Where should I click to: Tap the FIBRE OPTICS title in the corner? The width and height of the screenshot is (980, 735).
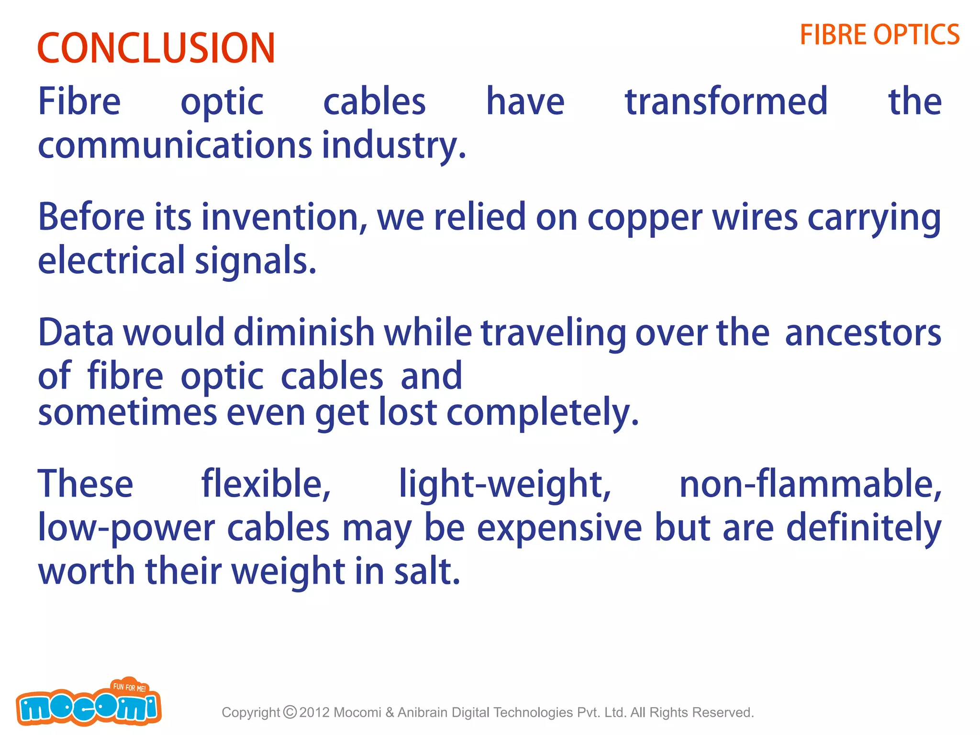880,35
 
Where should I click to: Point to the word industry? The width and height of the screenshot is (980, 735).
393,146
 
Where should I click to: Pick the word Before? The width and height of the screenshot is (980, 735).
91,217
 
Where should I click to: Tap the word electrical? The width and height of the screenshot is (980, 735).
111,261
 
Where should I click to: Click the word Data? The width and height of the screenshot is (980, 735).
76,333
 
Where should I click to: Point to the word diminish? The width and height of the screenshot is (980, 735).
304,333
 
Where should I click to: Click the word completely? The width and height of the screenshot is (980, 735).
543,413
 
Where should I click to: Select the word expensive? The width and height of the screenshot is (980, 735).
559,528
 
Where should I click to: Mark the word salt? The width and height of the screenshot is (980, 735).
427,572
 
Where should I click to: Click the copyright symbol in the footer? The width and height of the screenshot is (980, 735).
290,712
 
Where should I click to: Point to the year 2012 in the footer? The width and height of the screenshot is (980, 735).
314,713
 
